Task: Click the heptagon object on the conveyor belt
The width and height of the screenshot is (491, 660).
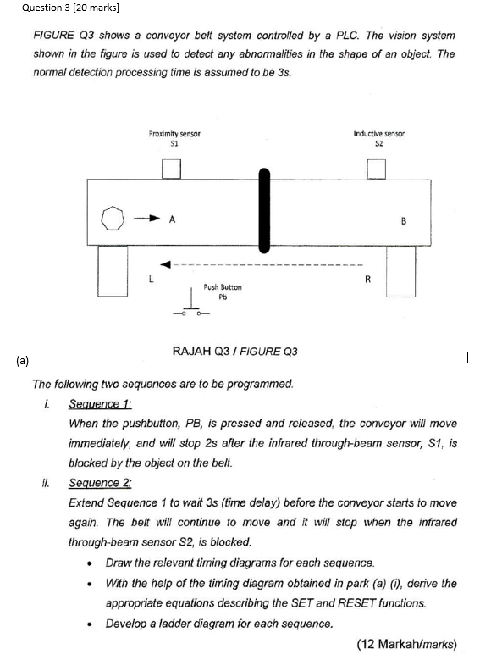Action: (111, 219)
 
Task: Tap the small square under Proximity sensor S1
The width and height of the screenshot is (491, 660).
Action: (173, 169)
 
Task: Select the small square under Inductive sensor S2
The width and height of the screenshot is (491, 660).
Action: (378, 169)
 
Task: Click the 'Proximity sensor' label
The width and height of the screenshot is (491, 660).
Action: (174, 134)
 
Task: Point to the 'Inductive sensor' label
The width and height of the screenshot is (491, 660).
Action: (378, 134)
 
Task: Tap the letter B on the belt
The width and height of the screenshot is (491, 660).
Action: (404, 222)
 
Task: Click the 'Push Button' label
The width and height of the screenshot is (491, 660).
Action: (223, 287)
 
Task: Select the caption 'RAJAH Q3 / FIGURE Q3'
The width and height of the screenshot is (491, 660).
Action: (234, 351)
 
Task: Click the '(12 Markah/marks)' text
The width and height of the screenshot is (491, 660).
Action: (406, 643)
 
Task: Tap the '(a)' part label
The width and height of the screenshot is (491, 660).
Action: (21, 361)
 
